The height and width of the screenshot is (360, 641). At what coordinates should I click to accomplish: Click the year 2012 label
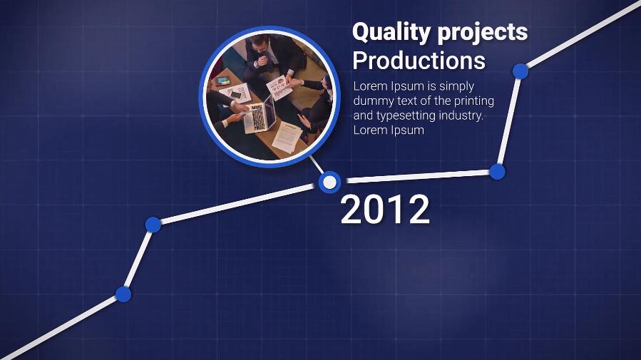pyautogui.click(x=385, y=209)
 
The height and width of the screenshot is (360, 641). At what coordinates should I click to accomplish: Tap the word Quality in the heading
pyautogui.click(x=391, y=33)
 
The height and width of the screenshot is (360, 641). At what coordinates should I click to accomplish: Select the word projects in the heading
pyautogui.click(x=483, y=34)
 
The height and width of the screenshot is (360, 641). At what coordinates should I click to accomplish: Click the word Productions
pyautogui.click(x=419, y=61)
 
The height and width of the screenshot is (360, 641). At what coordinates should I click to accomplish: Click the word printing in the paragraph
pyautogui.click(x=474, y=101)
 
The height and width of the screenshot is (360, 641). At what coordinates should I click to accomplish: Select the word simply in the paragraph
pyautogui.click(x=456, y=87)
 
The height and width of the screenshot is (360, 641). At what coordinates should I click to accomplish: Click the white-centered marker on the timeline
pyautogui.click(x=329, y=182)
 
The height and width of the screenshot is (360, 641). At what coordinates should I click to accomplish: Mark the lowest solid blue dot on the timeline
pyautogui.click(x=123, y=294)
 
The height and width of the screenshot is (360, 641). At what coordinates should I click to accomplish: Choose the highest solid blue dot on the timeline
pyautogui.click(x=521, y=71)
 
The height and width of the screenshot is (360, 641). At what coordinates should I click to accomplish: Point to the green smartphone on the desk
pyautogui.click(x=223, y=81)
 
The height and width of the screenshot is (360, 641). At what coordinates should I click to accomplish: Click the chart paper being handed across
pyautogui.click(x=279, y=87)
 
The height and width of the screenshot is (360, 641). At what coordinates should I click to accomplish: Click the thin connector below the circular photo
pyautogui.click(x=317, y=164)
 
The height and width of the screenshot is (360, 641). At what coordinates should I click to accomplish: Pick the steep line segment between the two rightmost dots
pyautogui.click(x=508, y=121)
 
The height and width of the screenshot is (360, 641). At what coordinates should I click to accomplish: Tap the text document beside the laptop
pyautogui.click(x=287, y=137)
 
